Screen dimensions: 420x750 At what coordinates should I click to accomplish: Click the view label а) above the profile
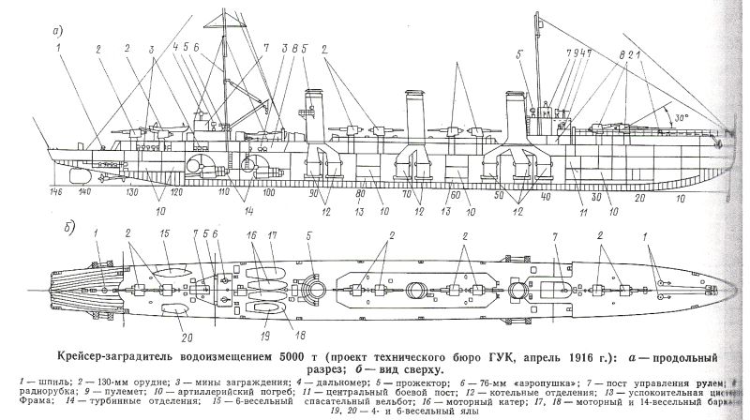pyautogui.click(x=57, y=29)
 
